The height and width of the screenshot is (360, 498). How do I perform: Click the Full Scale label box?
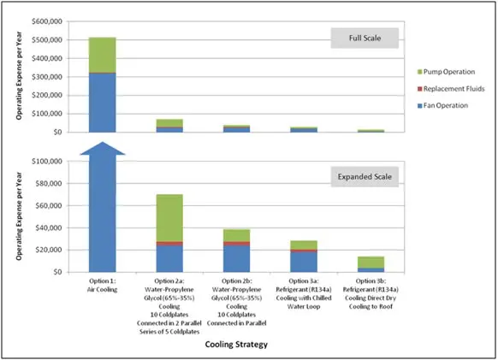365,38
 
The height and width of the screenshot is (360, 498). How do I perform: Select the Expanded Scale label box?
365,177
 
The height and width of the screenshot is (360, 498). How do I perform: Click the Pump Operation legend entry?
446,72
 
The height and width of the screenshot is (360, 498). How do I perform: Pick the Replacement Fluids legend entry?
451,89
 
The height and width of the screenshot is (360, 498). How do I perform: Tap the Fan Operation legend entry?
442,105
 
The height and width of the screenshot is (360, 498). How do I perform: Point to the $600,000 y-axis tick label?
47,21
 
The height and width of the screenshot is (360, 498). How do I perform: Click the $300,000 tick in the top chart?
47,77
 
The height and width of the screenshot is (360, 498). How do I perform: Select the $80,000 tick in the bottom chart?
49,184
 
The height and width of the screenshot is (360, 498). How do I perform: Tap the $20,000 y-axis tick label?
49,250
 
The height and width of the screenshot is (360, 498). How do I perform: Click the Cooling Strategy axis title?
236,345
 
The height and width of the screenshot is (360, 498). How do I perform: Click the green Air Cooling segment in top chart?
103,55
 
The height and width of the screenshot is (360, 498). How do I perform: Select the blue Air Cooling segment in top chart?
103,103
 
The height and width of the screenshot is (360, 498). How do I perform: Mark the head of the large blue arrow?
103,142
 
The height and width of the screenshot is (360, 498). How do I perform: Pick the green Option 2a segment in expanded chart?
169,218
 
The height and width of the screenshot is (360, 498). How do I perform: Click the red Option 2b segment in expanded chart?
237,244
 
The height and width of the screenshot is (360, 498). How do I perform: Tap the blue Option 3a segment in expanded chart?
304,262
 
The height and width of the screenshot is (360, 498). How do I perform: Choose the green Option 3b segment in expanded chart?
371,263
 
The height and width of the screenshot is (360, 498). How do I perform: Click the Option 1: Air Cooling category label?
103,285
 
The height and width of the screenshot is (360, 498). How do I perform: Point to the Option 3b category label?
371,293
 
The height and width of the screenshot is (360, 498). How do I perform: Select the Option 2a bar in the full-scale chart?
169,126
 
